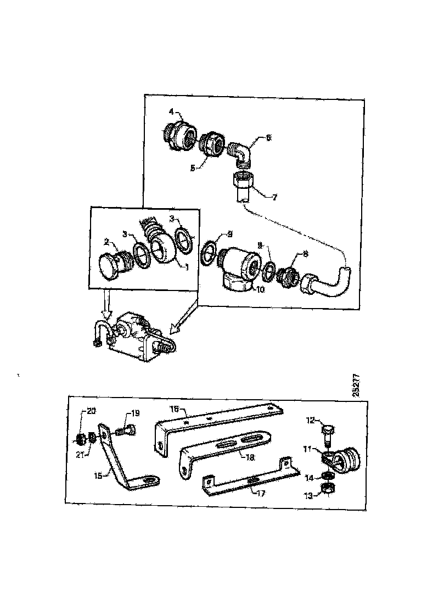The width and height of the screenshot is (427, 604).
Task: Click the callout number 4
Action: [171, 111]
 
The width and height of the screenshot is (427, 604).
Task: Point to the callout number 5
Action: [193, 169]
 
